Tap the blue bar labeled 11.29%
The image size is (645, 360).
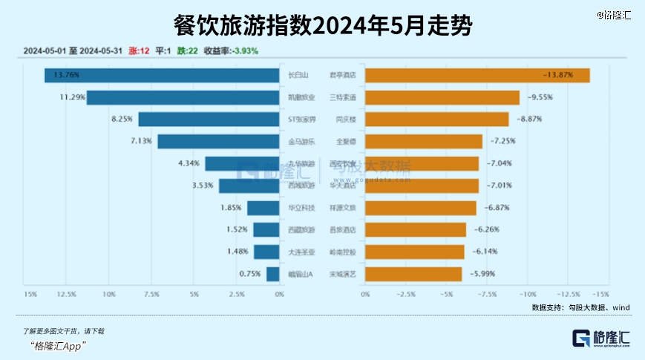186,97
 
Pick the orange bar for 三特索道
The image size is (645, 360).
442,97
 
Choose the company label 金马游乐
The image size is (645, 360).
301,141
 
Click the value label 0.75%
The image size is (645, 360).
250,274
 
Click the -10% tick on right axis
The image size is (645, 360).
527,295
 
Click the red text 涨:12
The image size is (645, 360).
140,51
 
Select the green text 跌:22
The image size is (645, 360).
186,51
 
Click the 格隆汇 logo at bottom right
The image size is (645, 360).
600,338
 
